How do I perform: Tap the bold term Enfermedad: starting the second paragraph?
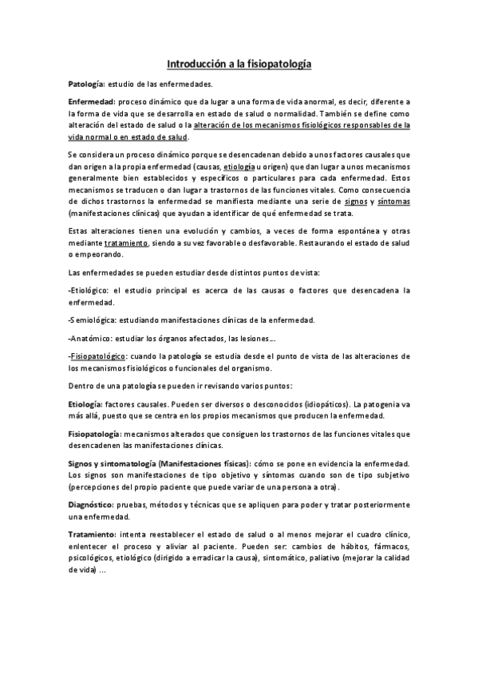pos(92,103)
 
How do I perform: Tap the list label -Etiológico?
pos(93,291)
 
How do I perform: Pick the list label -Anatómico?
pos(92,339)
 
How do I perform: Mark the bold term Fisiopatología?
pos(97,434)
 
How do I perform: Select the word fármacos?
pos(389,548)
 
